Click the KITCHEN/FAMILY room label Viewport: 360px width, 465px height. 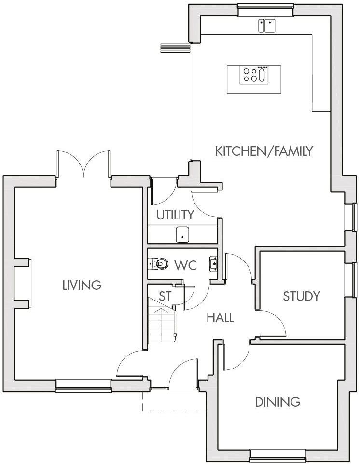point(264,151)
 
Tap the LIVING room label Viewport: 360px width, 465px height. point(82,285)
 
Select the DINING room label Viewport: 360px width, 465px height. point(277,401)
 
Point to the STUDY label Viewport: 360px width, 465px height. point(302,296)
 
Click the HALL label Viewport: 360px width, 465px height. point(220,318)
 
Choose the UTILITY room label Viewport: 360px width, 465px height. point(175,215)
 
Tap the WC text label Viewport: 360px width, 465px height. point(185,265)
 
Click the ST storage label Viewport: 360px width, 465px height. point(165,297)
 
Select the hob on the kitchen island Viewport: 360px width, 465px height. point(254,75)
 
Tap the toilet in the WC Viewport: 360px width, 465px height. point(159,263)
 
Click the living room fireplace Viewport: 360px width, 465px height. point(24,285)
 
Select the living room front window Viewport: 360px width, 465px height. point(83,384)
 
